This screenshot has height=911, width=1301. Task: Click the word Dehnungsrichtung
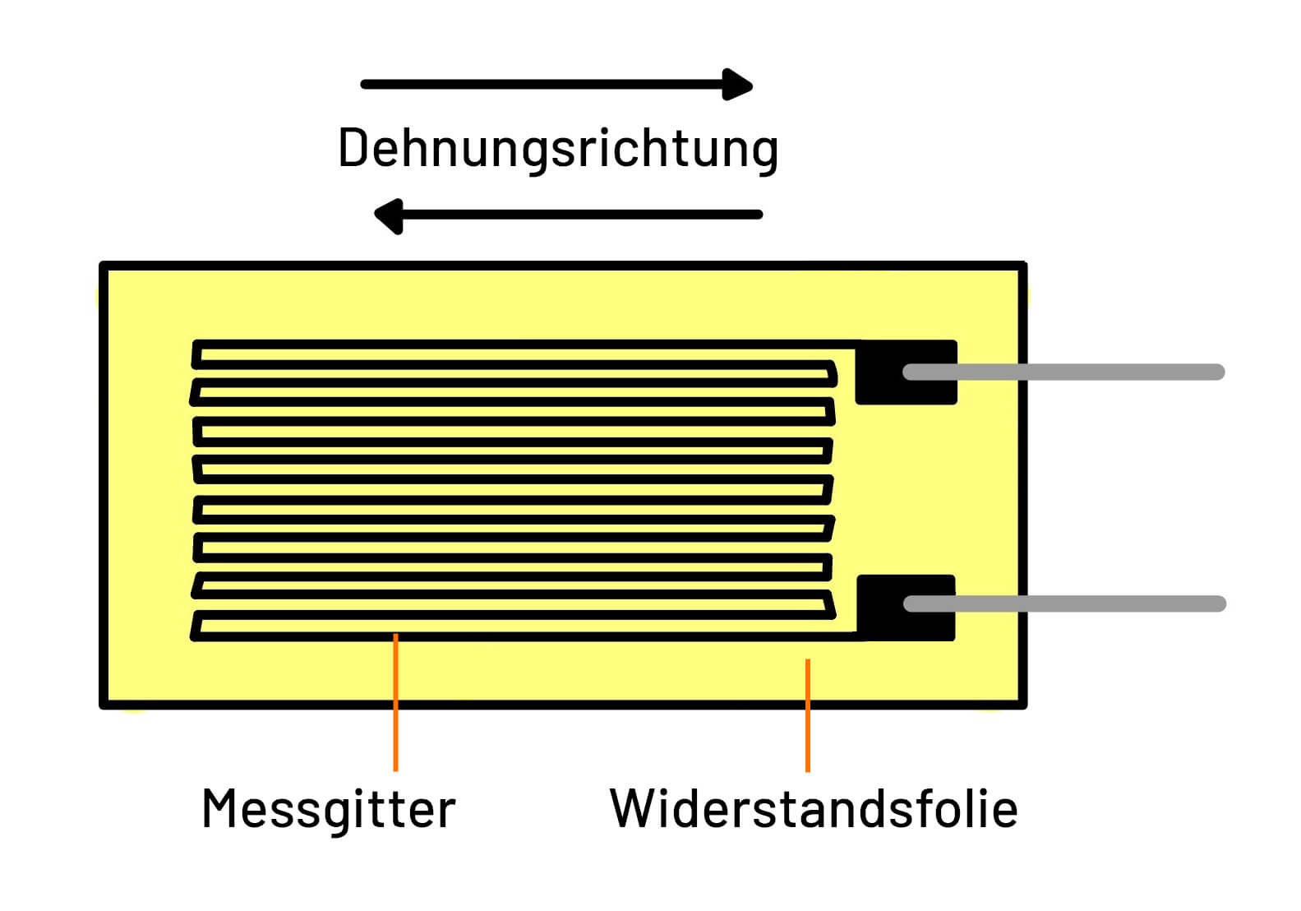click(558, 149)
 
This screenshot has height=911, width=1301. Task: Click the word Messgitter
click(328, 809)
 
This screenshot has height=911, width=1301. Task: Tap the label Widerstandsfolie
click(814, 809)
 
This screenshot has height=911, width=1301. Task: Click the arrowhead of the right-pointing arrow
click(738, 85)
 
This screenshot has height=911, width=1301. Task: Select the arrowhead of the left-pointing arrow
click(389, 215)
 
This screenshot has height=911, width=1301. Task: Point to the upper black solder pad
click(879, 372)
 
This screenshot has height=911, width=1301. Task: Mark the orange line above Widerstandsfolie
click(808, 715)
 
